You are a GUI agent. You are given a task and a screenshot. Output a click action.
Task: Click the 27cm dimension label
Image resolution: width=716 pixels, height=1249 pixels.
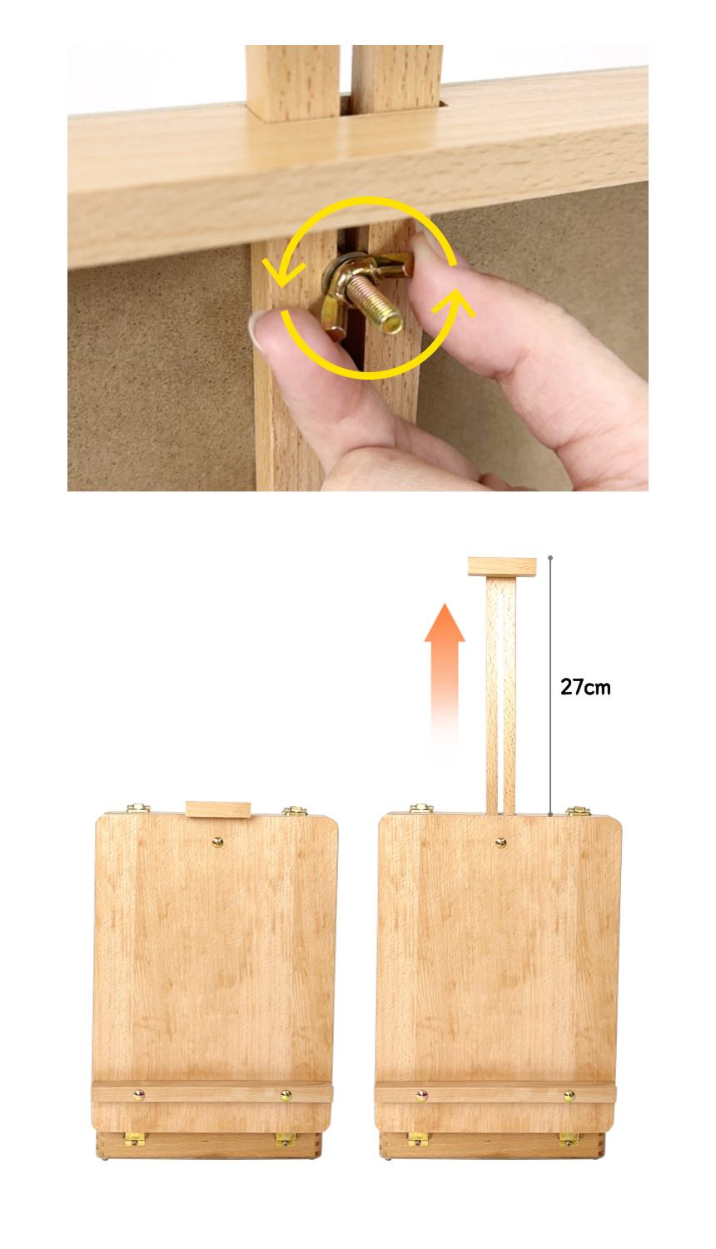tap(585, 687)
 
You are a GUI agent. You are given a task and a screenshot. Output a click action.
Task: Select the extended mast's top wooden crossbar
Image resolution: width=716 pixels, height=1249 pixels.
tap(502, 566)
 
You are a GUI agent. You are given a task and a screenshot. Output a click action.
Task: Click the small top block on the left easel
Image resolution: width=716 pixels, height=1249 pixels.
tap(218, 809)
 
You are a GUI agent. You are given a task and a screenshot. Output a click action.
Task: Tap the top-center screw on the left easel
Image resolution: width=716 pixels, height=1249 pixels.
tap(217, 842)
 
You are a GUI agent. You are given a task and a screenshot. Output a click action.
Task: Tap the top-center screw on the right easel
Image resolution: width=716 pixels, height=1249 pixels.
tap(500, 842)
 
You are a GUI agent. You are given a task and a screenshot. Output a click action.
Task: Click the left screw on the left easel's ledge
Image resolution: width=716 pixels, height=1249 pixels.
tap(139, 1095)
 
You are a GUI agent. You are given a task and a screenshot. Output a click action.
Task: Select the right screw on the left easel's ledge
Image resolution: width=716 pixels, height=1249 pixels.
tap(286, 1096)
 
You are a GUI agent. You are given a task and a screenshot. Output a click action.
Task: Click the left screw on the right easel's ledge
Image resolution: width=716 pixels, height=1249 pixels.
tap(422, 1096)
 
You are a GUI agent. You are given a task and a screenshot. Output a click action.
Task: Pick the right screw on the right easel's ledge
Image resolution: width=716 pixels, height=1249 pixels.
tap(569, 1096)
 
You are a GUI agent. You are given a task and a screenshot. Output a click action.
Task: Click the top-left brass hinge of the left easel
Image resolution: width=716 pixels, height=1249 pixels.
tap(138, 809)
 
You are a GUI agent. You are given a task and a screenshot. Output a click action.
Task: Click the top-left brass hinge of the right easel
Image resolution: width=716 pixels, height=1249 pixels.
tap(421, 809)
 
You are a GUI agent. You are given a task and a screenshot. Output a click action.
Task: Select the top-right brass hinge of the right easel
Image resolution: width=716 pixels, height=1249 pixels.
tap(579, 811)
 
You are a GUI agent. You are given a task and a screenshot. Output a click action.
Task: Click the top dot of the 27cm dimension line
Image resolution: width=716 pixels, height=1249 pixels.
tap(549, 558)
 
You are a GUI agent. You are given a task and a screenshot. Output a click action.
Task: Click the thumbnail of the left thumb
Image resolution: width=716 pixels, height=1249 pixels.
tap(256, 329)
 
